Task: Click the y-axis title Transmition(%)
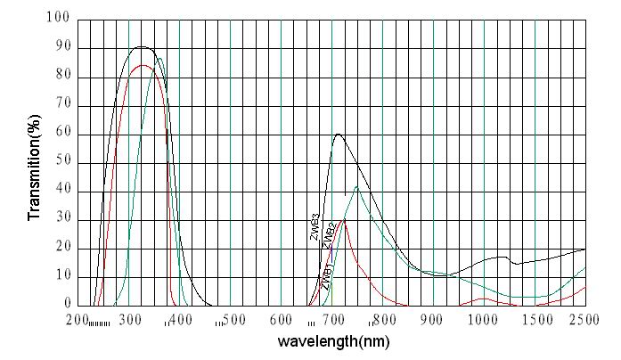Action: pyautogui.click(x=35, y=167)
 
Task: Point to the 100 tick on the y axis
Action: pyautogui.click(x=56, y=18)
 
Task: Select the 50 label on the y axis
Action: pyautogui.click(x=60, y=163)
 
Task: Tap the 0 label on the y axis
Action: pyautogui.click(x=64, y=305)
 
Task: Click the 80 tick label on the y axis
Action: pyautogui.click(x=60, y=77)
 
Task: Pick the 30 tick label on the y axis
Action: pyautogui.click(x=60, y=219)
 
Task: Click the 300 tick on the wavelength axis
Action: pyautogui.click(x=130, y=320)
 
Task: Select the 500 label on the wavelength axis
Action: pyautogui.click(x=233, y=320)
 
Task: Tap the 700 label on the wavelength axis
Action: pyautogui.click(x=333, y=320)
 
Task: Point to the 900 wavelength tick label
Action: pyautogui.click(x=433, y=320)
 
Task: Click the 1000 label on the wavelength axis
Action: pyautogui.click(x=484, y=320)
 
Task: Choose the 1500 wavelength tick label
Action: pyautogui.click(x=535, y=320)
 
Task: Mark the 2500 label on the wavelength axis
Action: pyautogui.click(x=585, y=320)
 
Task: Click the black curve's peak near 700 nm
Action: pyautogui.click(x=339, y=135)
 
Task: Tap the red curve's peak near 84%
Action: pyautogui.click(x=143, y=65)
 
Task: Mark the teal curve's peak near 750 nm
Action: pyautogui.click(x=356, y=187)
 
